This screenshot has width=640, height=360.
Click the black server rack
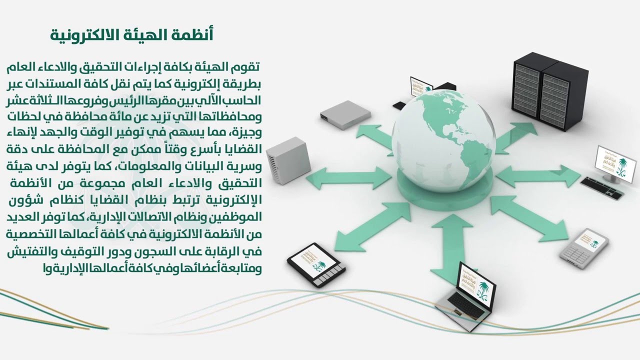coord(550,90)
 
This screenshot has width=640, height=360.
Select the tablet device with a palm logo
coord(316,265)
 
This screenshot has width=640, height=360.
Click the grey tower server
coord(288,160)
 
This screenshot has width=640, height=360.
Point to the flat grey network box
coord(345,115)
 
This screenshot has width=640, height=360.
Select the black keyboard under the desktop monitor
coord(601,188)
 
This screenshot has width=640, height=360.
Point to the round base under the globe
coord(445,188)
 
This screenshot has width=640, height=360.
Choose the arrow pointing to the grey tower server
coord(349,178)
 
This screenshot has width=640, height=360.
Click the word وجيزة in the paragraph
coord(246,133)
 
